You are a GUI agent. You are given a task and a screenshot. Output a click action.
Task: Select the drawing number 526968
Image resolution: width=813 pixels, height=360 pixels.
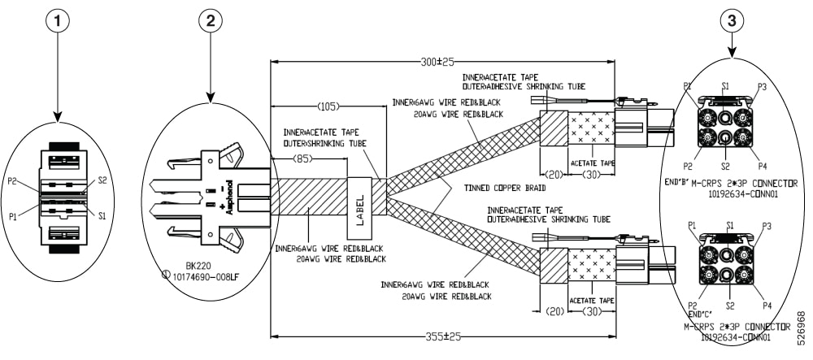[x=803, y=326]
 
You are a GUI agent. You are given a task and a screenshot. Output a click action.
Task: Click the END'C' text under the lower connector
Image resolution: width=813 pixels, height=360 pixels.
[x=700, y=314]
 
